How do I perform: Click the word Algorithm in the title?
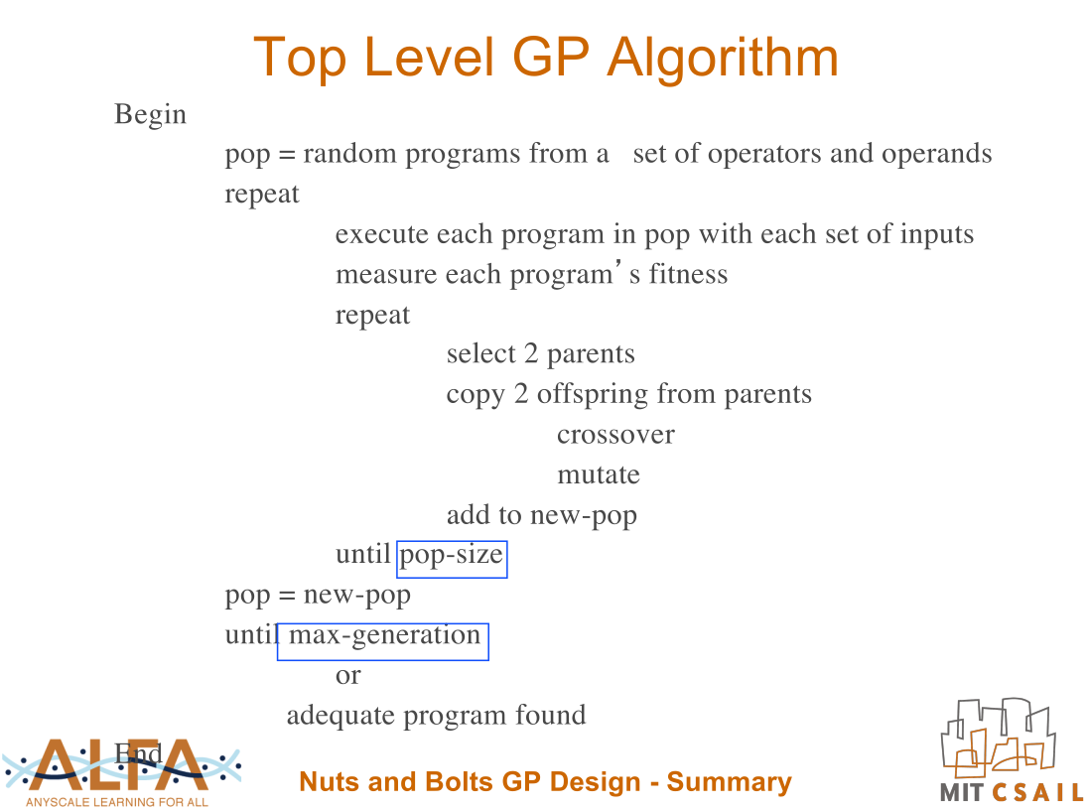[723, 58]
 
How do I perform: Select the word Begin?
[151, 114]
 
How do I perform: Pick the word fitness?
[688, 274]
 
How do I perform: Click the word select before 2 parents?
[481, 353]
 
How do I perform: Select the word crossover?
[615, 435]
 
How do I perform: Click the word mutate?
[599, 475]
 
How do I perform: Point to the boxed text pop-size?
[452, 559]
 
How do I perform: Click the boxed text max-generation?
[383, 642]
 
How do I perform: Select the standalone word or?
[348, 676]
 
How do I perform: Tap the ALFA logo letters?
[119, 764]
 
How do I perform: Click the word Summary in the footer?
[730, 782]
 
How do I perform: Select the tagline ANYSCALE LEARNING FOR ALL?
[117, 802]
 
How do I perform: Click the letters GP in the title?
[551, 58]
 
